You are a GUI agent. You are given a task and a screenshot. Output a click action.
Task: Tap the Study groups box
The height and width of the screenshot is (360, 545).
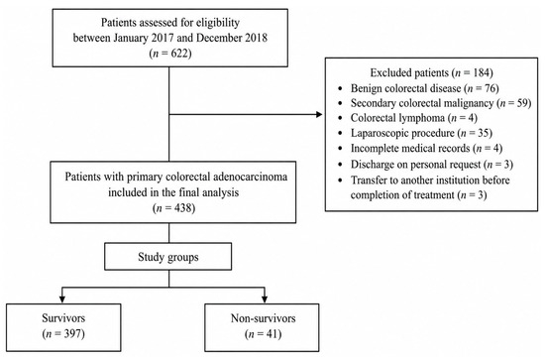[x=167, y=256]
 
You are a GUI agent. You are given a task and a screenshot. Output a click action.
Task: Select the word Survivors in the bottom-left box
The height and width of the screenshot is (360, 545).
[x=63, y=318]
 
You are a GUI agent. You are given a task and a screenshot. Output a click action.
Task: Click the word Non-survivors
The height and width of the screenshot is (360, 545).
[x=264, y=318]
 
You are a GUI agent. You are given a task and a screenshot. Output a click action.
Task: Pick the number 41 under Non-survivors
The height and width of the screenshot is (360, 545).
[x=272, y=333]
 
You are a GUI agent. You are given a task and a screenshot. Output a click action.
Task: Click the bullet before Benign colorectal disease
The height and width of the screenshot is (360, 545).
[x=340, y=89]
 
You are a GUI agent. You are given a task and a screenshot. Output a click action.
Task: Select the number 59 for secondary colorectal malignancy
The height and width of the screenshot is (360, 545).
[x=521, y=103]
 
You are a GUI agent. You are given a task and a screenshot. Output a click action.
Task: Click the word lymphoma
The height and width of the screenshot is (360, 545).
[x=422, y=118]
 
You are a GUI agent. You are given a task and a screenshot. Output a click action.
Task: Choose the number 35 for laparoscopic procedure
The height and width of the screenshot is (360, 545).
[x=483, y=133]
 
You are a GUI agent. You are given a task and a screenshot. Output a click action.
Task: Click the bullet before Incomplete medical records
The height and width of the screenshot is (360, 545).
[x=340, y=149]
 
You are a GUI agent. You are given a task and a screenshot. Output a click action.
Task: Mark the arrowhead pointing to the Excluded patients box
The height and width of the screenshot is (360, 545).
[x=319, y=114]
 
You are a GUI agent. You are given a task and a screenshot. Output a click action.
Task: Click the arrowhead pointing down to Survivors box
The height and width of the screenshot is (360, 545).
[x=62, y=300]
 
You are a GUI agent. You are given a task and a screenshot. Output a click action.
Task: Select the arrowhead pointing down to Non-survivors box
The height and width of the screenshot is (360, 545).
[x=265, y=300]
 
